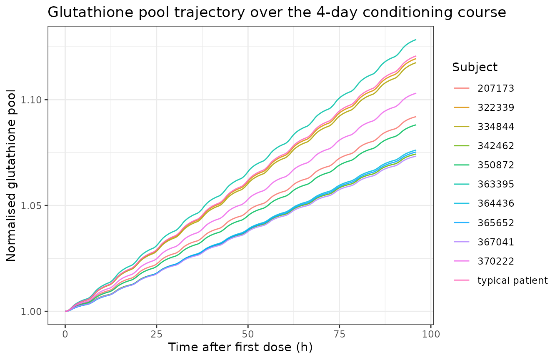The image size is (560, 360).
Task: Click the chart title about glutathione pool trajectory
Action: pyautogui.click(x=277, y=12)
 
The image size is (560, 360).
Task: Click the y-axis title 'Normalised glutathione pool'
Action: pyautogui.click(x=11, y=175)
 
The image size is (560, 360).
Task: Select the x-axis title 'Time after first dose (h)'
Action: pyautogui.click(x=240, y=347)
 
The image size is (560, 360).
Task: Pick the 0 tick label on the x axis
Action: pyautogui.click(x=65, y=334)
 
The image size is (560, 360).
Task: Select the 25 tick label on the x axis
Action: pyautogui.click(x=157, y=334)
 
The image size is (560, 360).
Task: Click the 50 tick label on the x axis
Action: pyautogui.click(x=248, y=334)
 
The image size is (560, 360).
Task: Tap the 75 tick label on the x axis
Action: pyautogui.click(x=339, y=334)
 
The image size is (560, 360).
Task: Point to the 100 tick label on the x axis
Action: pyautogui.click(x=431, y=334)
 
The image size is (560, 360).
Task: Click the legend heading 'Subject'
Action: pyautogui.click(x=475, y=67)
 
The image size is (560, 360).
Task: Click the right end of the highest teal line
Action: pyautogui.click(x=416, y=40)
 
